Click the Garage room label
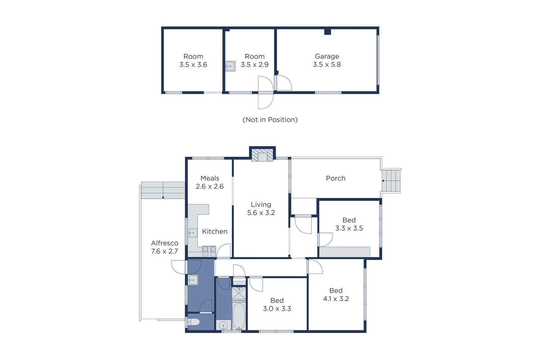pos(327,56)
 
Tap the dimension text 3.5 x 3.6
pos(193,65)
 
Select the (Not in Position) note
pos(270,120)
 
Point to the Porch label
pos(335,178)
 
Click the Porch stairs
pos(391,181)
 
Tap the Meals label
pos(210,178)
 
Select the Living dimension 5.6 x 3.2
pos(261,213)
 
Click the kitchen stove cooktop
pos(210,251)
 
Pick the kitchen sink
pos(193,233)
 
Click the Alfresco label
pos(165,243)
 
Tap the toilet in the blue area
pos(194,322)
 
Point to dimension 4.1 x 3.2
pos(336,299)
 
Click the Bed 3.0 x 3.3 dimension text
pos(277,309)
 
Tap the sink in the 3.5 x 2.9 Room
pos(230,66)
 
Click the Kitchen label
pos(215,231)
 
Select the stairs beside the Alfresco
pos(163,190)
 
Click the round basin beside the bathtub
pos(223,325)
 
